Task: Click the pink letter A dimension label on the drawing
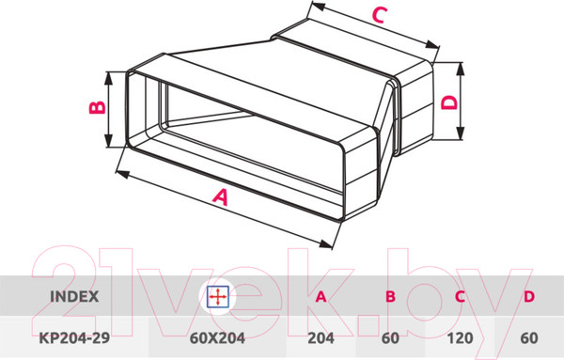[x=220, y=197]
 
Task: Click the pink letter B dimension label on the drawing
[x=98, y=107]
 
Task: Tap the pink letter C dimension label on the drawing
[x=380, y=15]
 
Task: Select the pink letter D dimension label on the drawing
[x=449, y=102]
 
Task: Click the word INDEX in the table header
[x=74, y=297]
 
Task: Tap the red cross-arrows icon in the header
[x=218, y=297]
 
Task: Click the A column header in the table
[x=321, y=297]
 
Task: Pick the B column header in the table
[x=390, y=297]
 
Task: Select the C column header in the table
[x=460, y=297]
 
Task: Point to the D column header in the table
[x=529, y=297]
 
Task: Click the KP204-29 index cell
[x=74, y=338]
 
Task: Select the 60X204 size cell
[x=217, y=338]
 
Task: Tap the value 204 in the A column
[x=321, y=338]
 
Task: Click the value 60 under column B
[x=390, y=338]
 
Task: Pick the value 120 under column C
[x=460, y=338]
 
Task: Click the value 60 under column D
[x=529, y=338]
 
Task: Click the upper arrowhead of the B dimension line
[x=109, y=78]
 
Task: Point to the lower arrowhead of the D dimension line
[x=461, y=133]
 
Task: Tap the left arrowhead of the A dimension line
[x=122, y=175]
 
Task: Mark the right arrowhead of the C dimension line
[x=432, y=45]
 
